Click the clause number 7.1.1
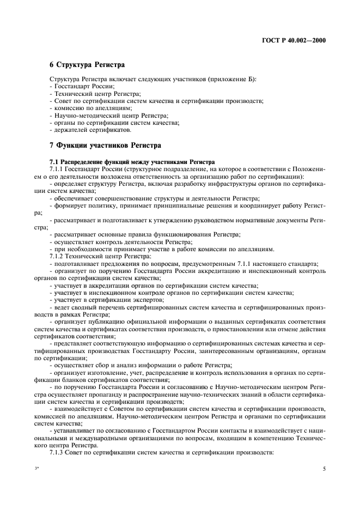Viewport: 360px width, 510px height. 58,169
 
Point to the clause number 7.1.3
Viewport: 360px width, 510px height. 58,453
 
